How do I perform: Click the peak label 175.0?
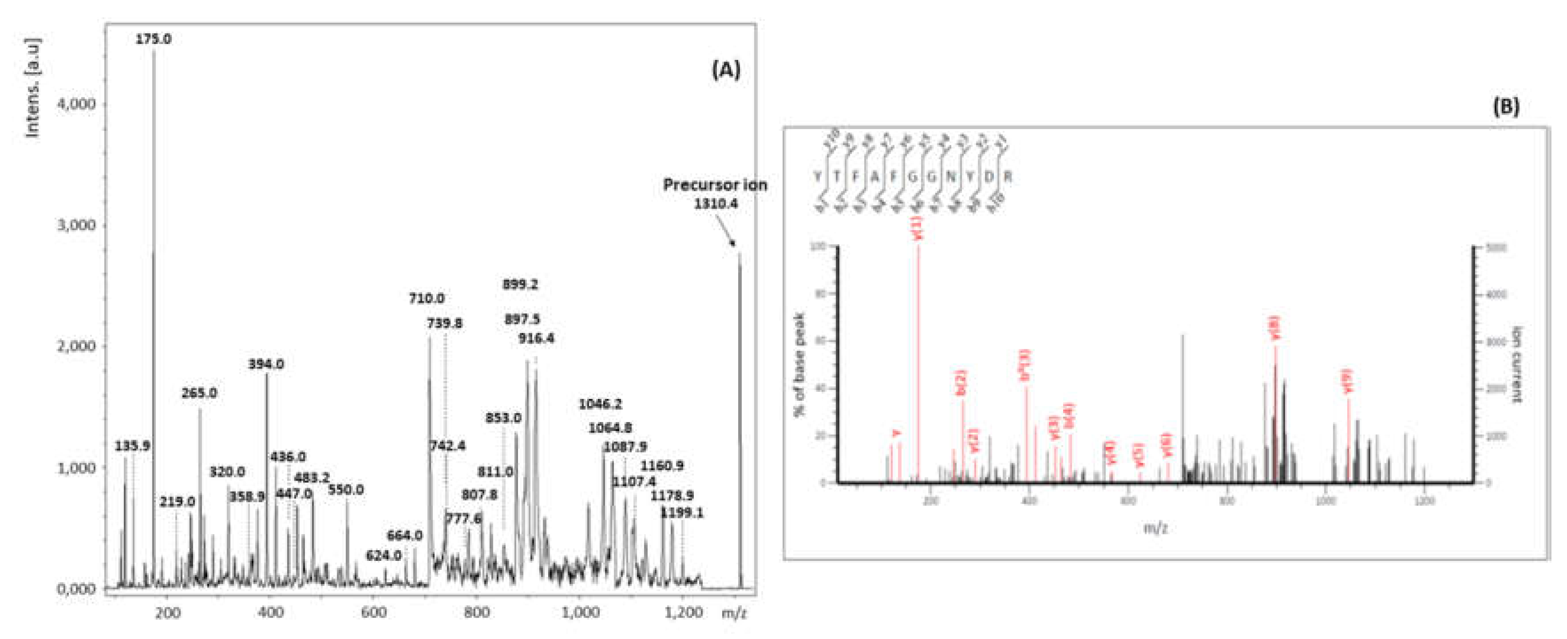(x=153, y=39)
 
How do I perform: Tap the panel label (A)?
(x=726, y=70)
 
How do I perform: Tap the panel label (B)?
(x=1506, y=106)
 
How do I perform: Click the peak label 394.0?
(x=266, y=364)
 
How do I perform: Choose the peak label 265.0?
(x=199, y=393)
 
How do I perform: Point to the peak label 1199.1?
(x=681, y=513)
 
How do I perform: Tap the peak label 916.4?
(x=536, y=339)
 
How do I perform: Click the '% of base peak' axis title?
(x=799, y=364)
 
